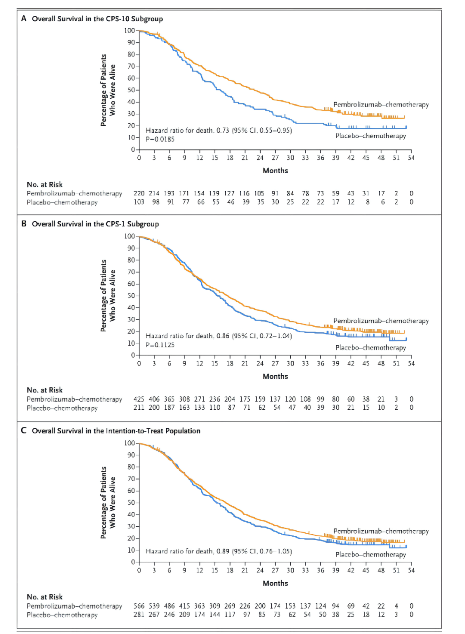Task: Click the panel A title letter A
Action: pos(24,19)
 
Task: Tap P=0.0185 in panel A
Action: pos(160,139)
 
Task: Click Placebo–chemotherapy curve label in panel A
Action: pos(371,136)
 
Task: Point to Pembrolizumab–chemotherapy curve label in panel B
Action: pos(381,321)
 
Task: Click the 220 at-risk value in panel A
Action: pos(139,194)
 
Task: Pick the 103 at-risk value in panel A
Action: pos(139,202)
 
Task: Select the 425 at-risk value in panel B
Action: pos(139,399)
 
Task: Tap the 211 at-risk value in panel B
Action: pos(139,408)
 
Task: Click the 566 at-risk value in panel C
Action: pos(139,606)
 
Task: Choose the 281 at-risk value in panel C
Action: pos(139,615)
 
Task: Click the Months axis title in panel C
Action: pos(275,583)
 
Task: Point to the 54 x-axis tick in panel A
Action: pos(411,158)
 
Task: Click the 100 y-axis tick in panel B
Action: pos(130,236)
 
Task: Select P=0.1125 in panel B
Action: pos(160,345)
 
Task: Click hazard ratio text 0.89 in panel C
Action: pos(223,551)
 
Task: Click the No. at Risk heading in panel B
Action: pos(45,390)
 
